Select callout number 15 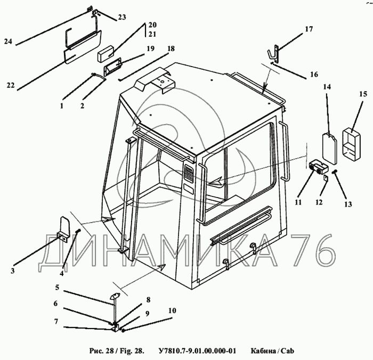point(362,94)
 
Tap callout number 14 point(327,86)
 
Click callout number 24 point(7,40)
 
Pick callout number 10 point(172,310)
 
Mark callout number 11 point(299,202)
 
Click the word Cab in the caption point(287,350)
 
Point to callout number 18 point(171,48)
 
